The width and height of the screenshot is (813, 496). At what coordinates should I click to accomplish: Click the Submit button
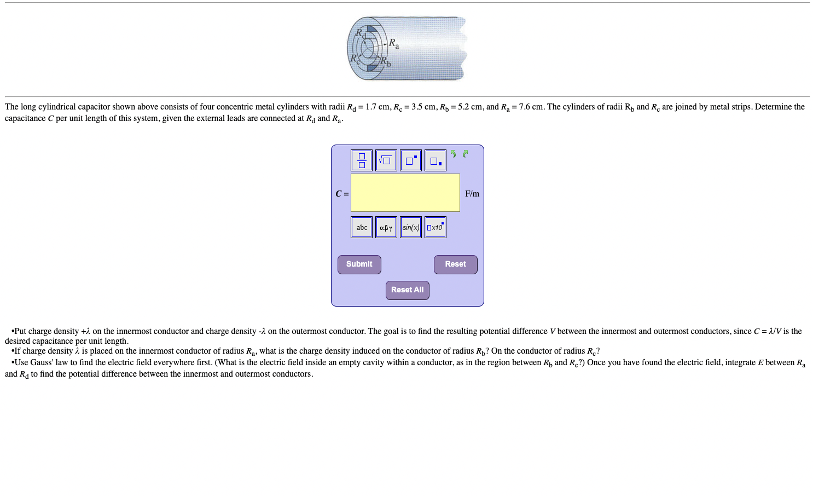pos(359,264)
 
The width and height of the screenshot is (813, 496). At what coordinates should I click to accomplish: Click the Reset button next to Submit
pos(455,264)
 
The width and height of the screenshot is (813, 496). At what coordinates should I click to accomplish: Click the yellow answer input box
pos(405,193)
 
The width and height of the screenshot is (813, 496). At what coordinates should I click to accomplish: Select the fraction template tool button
pos(362,160)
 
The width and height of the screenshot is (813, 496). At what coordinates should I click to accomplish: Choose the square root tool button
pos(386,160)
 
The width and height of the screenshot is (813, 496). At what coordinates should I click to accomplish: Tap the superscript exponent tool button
pos(411,160)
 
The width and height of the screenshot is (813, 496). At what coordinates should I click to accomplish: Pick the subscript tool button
pos(435,160)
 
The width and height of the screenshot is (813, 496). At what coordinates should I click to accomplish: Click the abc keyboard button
pos(362,227)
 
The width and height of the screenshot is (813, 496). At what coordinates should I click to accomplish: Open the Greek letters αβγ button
pos(386,227)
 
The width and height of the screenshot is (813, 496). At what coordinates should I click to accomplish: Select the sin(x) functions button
pos(411,227)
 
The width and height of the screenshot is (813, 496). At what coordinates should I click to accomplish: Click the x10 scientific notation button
pos(435,227)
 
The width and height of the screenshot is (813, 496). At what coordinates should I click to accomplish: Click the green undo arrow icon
pos(453,154)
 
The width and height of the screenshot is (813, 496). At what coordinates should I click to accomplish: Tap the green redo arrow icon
pos(466,154)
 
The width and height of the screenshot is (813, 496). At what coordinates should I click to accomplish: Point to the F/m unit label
pos(472,194)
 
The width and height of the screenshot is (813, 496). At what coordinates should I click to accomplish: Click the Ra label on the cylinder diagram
pos(394,43)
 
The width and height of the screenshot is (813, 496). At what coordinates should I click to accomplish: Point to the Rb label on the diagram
pos(386,61)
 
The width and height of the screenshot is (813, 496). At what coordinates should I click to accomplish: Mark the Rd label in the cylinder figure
pos(361,33)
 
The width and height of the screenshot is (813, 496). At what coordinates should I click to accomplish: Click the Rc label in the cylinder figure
pos(356,59)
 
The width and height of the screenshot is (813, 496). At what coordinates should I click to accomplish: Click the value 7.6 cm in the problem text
pos(530,107)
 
